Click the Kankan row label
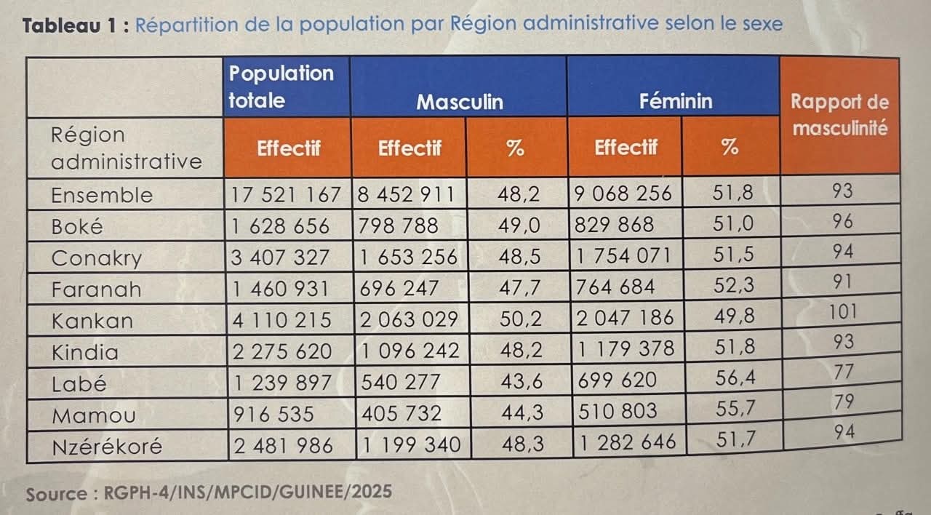click(92, 321)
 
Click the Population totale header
click(281, 86)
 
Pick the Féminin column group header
click(676, 101)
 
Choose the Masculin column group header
click(459, 101)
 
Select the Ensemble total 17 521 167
click(286, 195)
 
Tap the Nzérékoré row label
click(107, 446)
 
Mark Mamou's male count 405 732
click(402, 413)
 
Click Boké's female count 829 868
click(615, 225)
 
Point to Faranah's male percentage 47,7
click(520, 289)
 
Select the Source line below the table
click(209, 492)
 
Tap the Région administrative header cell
click(125, 148)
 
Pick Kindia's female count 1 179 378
click(625, 350)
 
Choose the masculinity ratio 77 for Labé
click(844, 373)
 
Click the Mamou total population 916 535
click(273, 414)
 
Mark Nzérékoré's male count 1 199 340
click(411, 444)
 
